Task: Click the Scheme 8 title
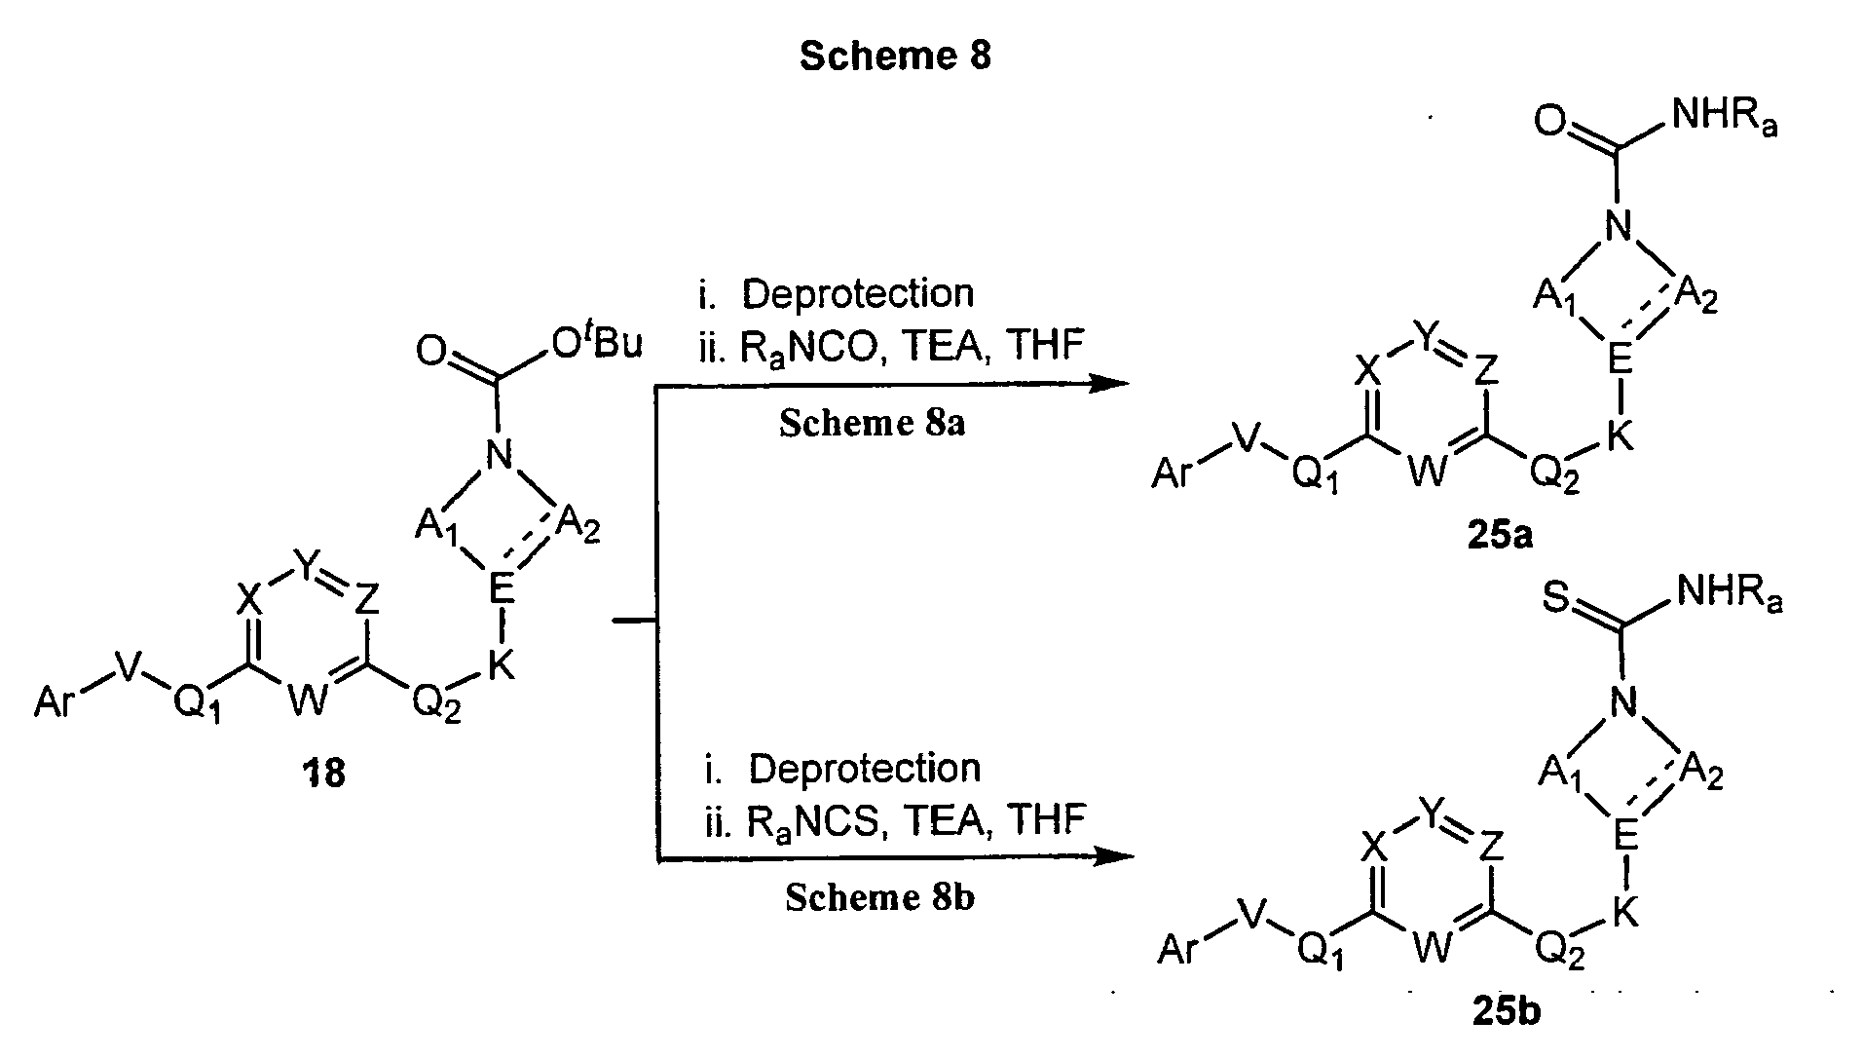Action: (x=894, y=56)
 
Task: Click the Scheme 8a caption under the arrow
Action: (x=872, y=425)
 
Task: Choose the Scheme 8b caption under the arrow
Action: (x=879, y=898)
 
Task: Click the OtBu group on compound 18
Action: (x=595, y=344)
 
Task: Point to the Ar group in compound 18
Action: (x=56, y=701)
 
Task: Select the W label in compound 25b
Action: (x=1431, y=949)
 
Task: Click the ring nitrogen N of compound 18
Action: (x=500, y=453)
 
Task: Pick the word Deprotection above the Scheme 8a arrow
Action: (x=857, y=293)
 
